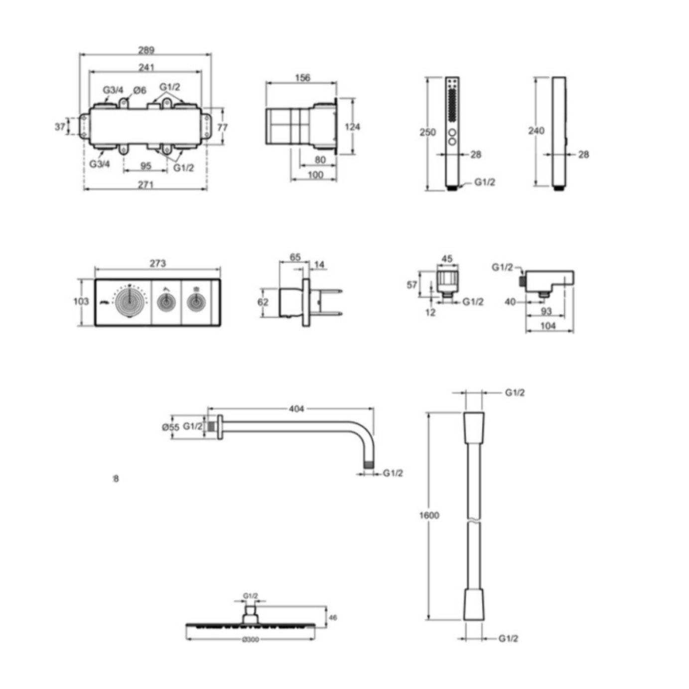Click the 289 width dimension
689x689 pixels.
click(146, 50)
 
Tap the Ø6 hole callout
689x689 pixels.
click(140, 90)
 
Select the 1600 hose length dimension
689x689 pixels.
click(429, 515)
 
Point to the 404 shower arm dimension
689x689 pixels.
click(296, 409)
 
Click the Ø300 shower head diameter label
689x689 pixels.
click(251, 640)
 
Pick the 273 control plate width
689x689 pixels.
click(157, 264)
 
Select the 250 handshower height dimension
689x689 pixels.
click(427, 133)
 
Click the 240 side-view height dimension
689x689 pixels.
click(536, 131)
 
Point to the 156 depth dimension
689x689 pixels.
click(302, 78)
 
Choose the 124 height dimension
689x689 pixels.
click(352, 127)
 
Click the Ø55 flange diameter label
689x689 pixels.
click(170, 427)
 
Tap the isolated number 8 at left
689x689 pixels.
click(116, 479)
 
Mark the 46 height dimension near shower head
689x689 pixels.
click(333, 618)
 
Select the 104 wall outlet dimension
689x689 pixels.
click(548, 326)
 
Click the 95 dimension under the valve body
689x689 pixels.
click(145, 166)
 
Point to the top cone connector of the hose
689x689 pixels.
click(474, 427)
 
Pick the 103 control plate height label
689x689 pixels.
click(81, 301)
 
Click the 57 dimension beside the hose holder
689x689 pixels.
click(412, 285)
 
